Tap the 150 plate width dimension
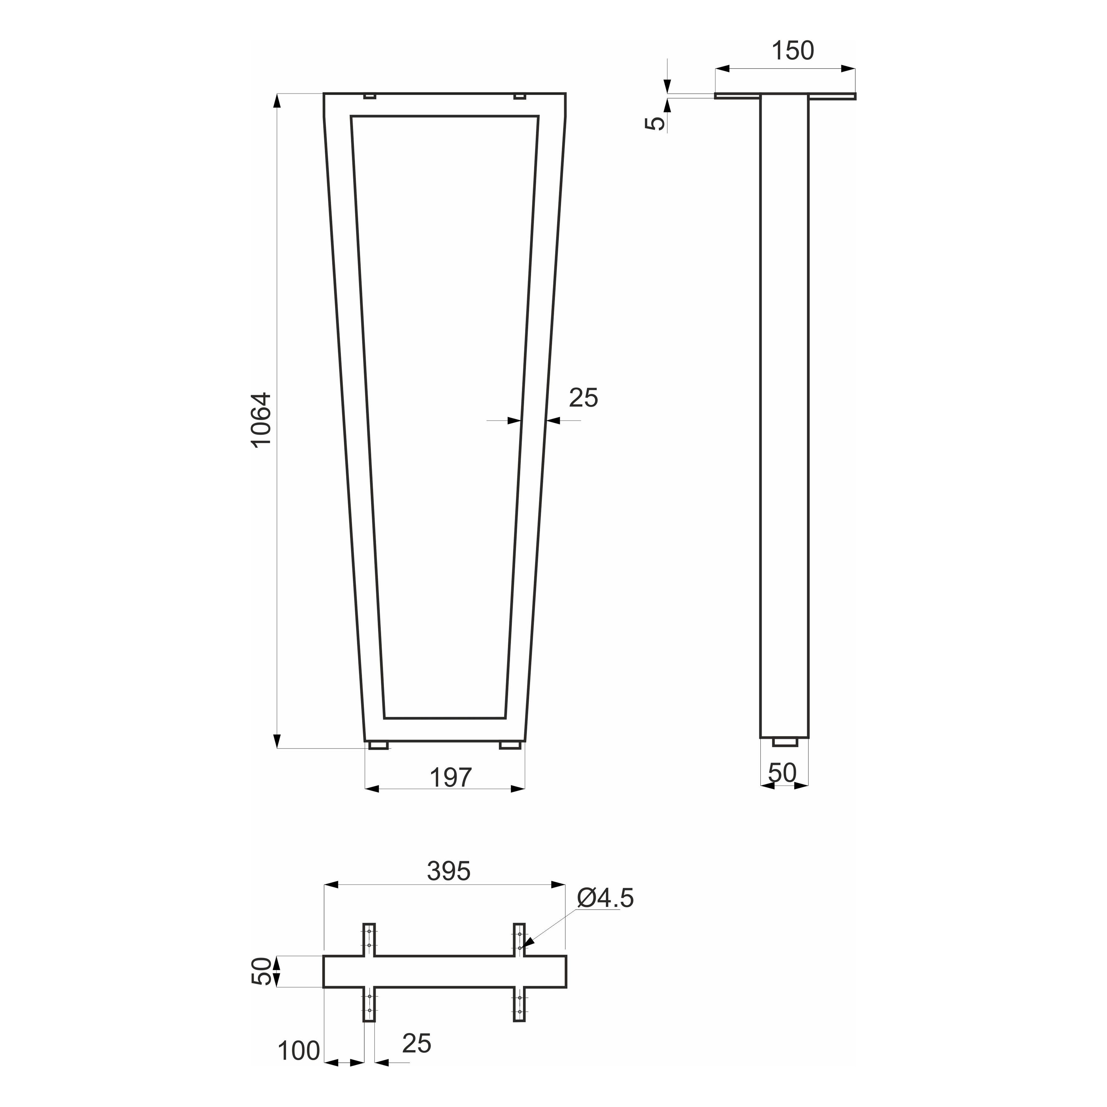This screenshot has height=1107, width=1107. coord(792,51)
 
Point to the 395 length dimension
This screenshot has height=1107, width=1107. coord(449,872)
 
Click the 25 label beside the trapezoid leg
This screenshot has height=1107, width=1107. coord(583,398)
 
